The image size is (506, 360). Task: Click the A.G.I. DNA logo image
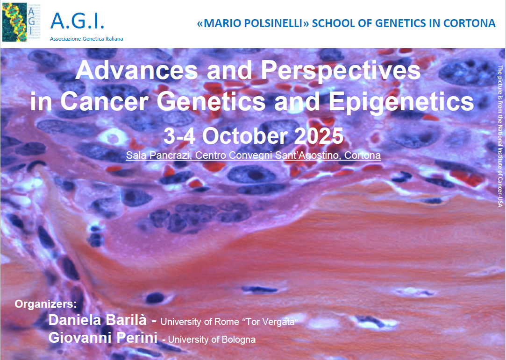pos(21,22)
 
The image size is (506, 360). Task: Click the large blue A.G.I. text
pos(78,21)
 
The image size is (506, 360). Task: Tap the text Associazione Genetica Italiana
pos(86,39)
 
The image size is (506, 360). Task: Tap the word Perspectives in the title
pos(341,71)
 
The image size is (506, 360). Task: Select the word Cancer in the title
pos(104,101)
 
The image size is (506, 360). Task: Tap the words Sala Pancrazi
pos(158,155)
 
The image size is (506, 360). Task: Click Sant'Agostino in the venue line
pos(309,155)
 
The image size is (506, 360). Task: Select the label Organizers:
pos(45,304)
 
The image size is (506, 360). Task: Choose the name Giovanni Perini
pos(103,338)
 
